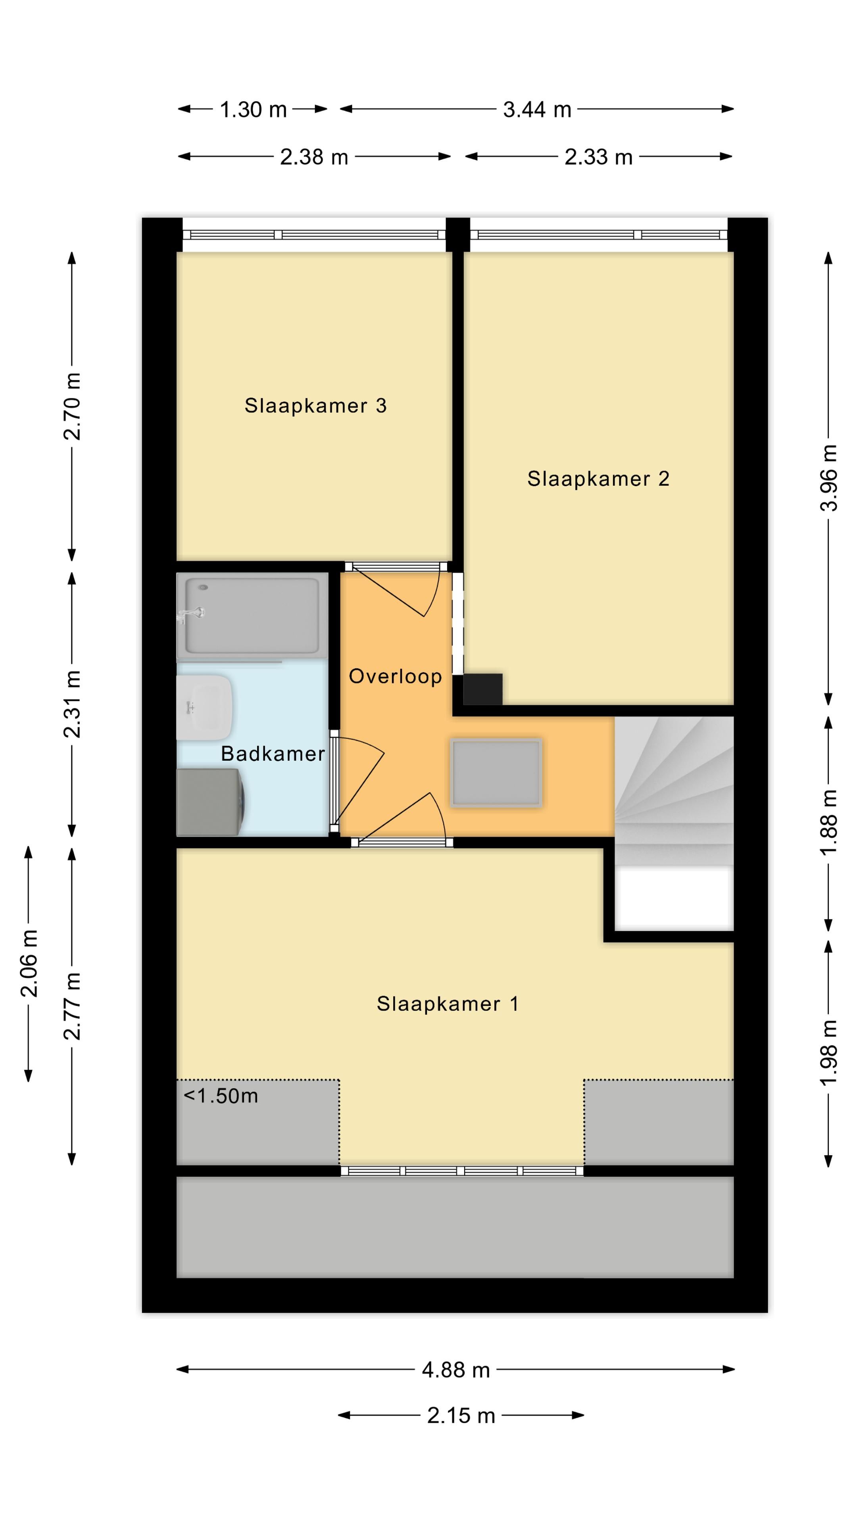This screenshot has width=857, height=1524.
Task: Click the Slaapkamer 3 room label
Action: click(315, 406)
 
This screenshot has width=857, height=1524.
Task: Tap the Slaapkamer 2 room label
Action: click(598, 479)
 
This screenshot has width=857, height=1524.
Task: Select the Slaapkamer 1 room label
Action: click(448, 1004)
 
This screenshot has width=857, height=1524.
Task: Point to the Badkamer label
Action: click(273, 754)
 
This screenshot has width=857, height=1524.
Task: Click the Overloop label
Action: click(395, 676)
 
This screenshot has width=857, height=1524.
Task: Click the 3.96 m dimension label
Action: click(830, 477)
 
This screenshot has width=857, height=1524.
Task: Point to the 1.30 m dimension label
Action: click(253, 110)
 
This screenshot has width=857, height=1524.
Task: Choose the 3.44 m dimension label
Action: click(537, 110)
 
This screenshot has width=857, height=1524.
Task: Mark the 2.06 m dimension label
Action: click(29, 963)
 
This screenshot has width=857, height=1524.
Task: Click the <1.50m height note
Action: click(221, 1096)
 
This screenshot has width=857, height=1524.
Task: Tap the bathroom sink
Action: click(204, 708)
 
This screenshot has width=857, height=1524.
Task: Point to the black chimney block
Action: click(482, 689)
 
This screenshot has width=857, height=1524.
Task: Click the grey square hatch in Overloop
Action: click(496, 773)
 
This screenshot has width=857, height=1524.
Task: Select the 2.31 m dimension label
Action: click(72, 704)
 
